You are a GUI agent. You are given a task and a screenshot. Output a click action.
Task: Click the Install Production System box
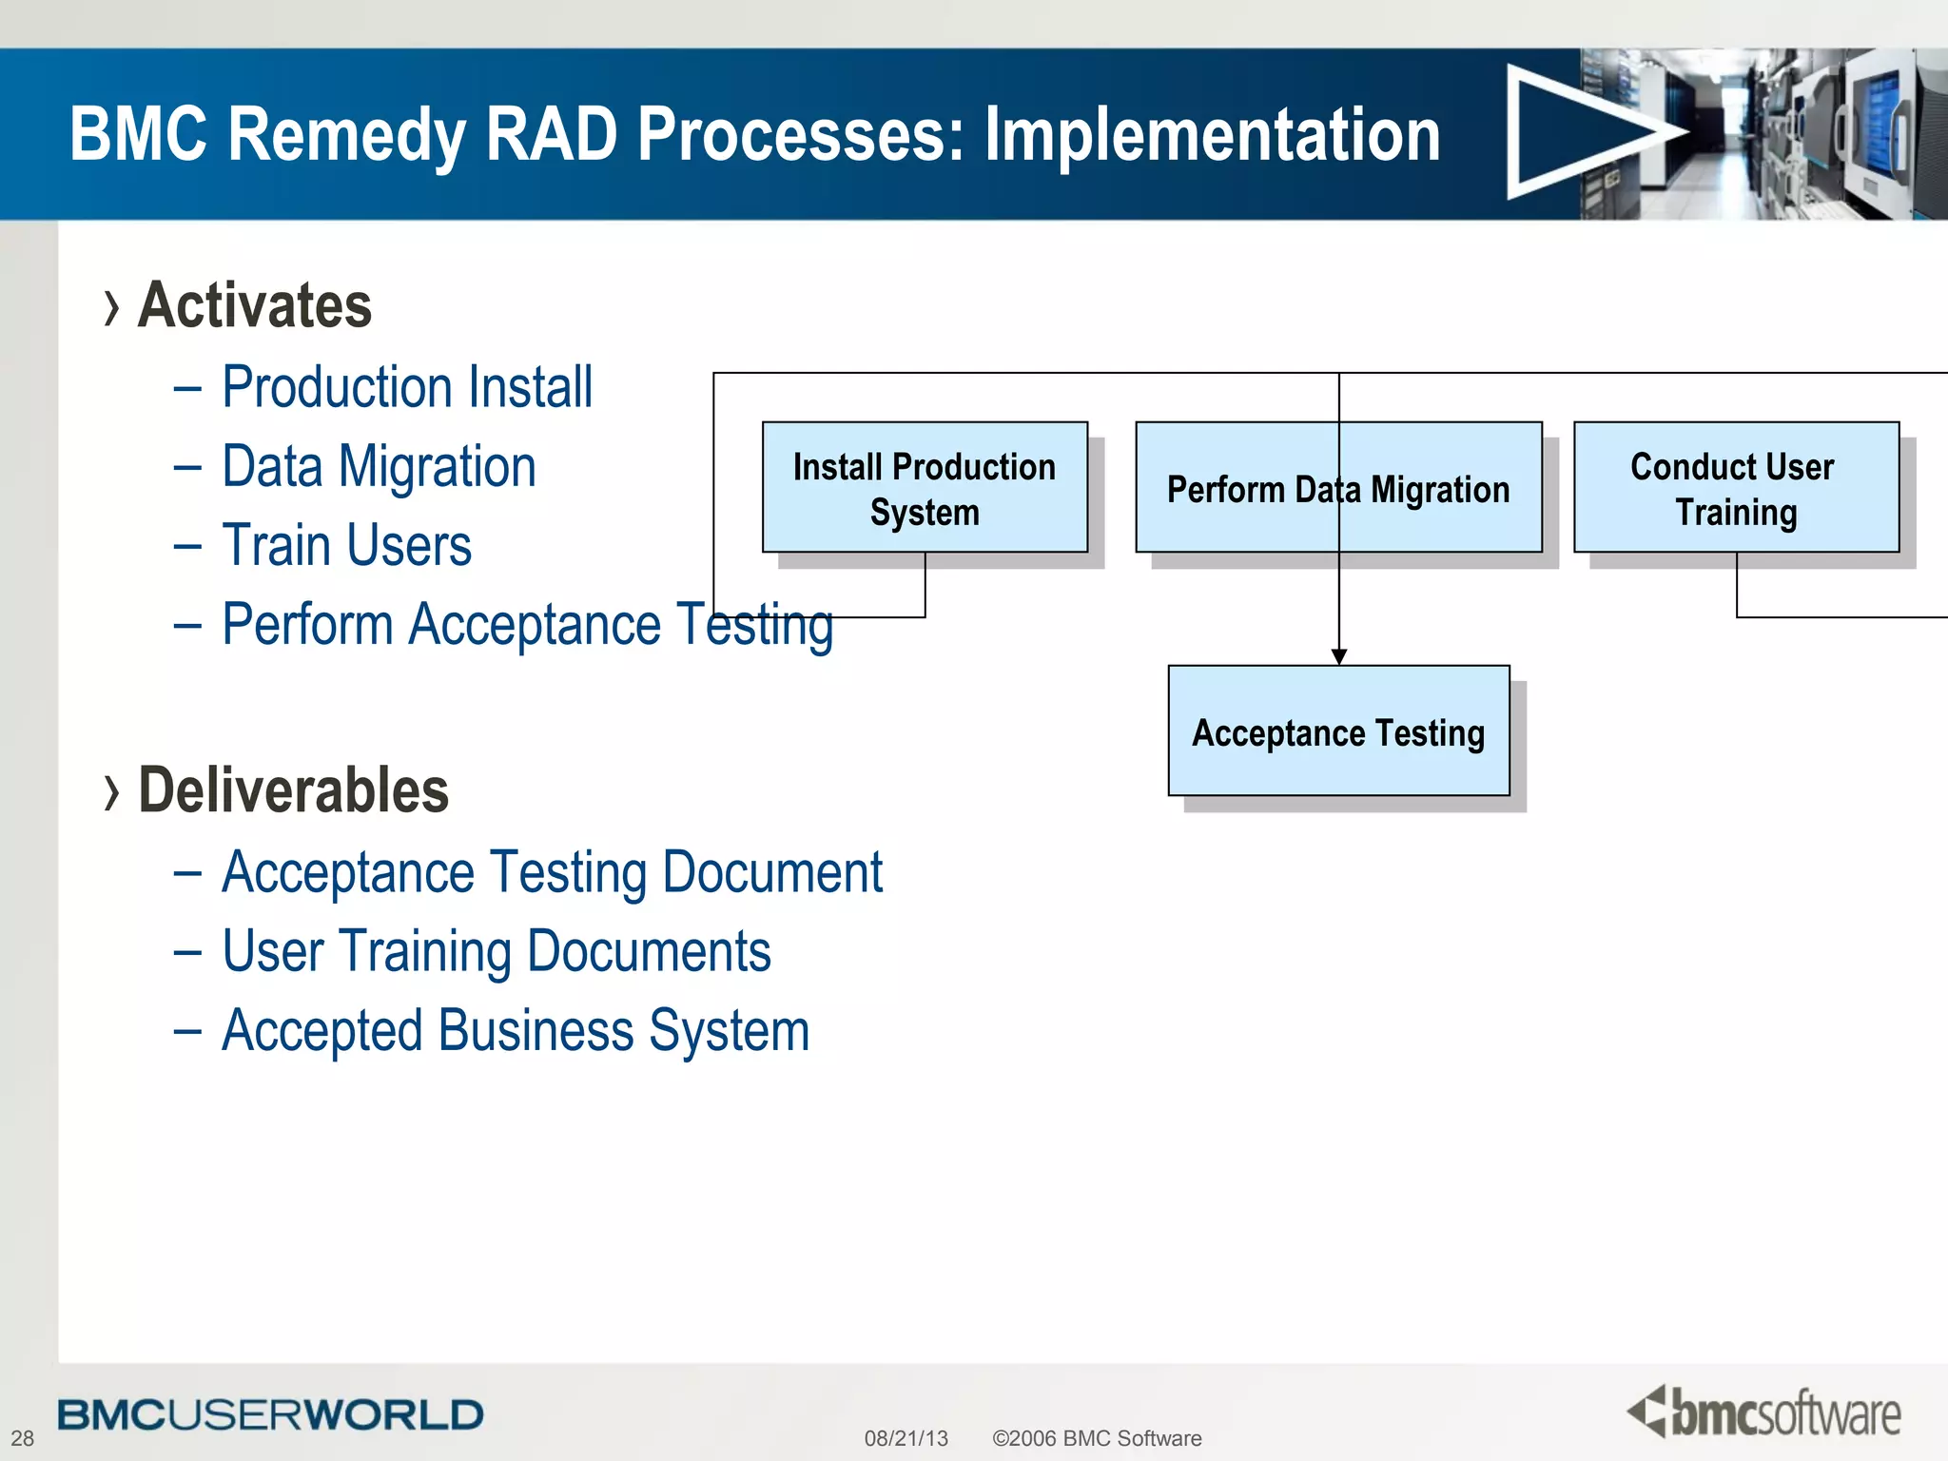click(x=925, y=488)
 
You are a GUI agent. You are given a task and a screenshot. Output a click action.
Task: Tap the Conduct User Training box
click(x=1736, y=488)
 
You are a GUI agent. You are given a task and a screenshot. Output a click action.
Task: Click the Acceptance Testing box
click(x=1338, y=731)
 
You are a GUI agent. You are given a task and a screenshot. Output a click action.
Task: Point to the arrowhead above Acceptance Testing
click(x=1339, y=656)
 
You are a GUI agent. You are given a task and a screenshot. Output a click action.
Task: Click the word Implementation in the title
click(x=1212, y=134)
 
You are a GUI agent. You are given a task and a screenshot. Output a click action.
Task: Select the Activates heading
click(x=255, y=305)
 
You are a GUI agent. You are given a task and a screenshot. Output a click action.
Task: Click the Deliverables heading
click(x=293, y=790)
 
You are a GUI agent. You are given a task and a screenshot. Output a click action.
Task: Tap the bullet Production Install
click(x=407, y=387)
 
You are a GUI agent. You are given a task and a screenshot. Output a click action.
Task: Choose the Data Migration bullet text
click(x=379, y=467)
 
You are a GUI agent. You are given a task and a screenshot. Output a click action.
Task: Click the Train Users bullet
click(x=346, y=546)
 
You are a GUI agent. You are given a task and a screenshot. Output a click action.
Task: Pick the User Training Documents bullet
click(x=496, y=951)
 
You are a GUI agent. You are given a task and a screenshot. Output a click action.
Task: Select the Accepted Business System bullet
click(x=515, y=1031)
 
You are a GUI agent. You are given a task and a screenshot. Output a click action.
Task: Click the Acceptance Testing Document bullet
click(x=552, y=872)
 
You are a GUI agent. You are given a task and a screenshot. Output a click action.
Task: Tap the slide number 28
click(x=23, y=1438)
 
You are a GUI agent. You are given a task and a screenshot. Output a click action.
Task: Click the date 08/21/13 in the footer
click(x=906, y=1438)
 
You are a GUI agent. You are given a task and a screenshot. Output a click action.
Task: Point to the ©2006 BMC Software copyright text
click(x=1097, y=1438)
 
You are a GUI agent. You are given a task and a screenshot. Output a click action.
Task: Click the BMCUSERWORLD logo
click(x=270, y=1415)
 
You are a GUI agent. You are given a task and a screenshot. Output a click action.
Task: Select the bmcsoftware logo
click(x=1764, y=1412)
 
